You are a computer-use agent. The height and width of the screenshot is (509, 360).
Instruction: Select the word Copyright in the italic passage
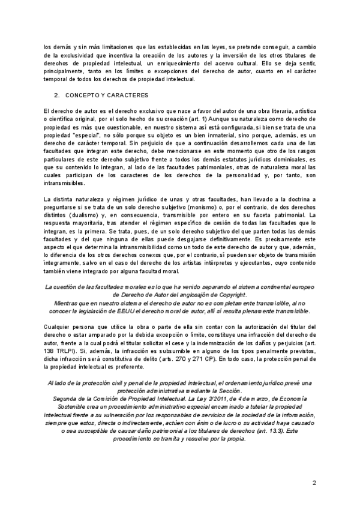point(229,295)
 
